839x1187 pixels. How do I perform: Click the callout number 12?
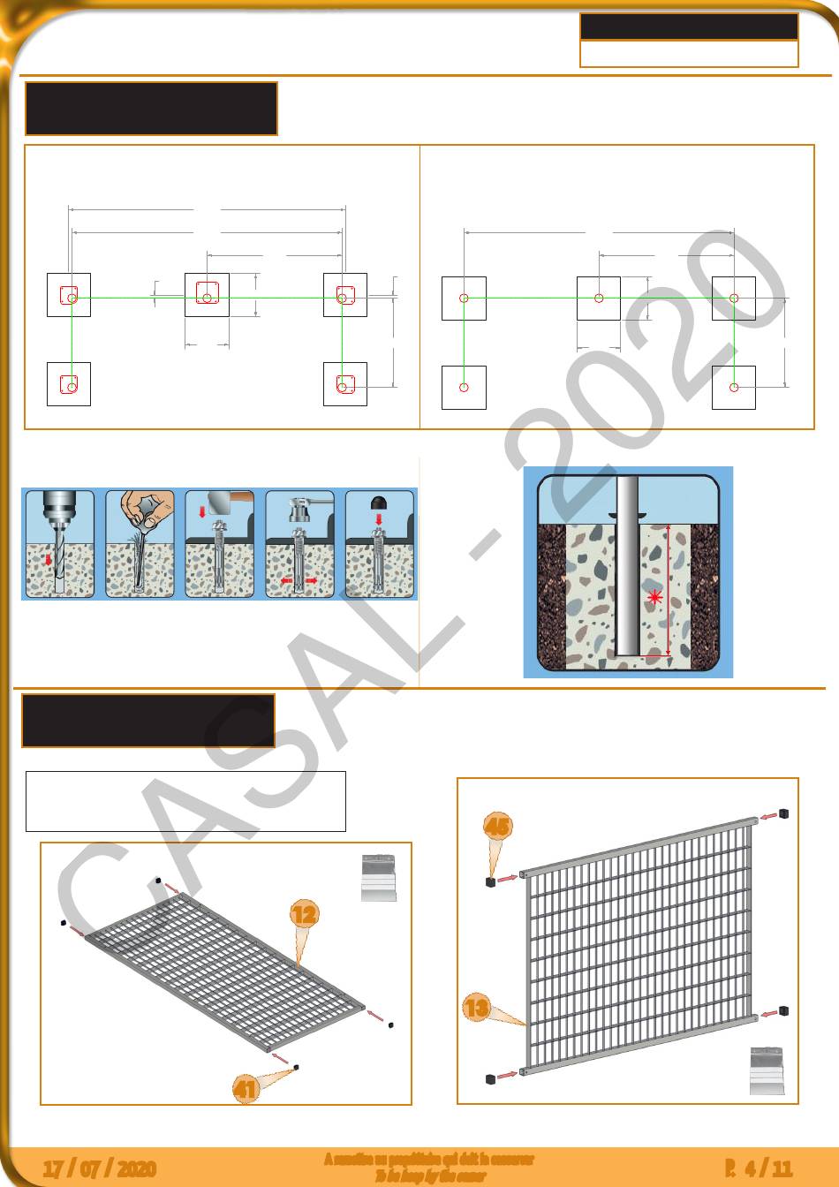coord(304,913)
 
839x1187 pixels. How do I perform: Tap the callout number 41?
coord(245,1089)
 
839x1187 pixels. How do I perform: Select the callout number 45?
coord(497,826)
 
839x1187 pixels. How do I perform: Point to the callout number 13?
coord(476,1007)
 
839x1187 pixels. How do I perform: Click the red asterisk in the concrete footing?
coord(654,598)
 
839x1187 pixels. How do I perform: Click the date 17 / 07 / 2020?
coord(100,1169)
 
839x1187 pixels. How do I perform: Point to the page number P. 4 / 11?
coord(758,1169)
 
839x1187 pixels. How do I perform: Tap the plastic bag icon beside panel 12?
coord(379,877)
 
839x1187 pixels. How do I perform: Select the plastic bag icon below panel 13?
coord(767,1070)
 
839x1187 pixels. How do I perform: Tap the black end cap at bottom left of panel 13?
coord(490,1078)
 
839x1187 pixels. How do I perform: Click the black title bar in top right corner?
coord(689,27)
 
